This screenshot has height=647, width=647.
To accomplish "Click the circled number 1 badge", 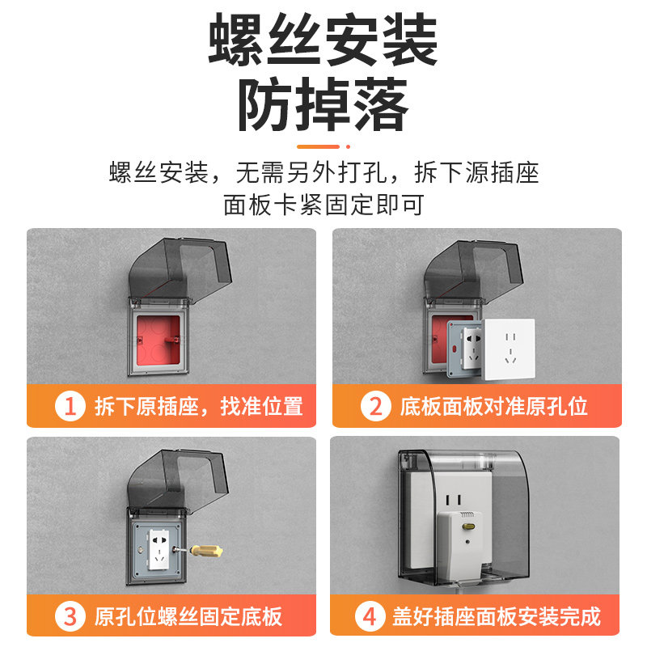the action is tap(70, 406).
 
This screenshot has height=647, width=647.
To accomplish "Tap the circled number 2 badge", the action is tap(375, 406).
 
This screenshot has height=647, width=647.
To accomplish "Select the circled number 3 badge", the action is tap(70, 616).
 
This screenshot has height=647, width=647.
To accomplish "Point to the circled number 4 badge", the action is tap(370, 616).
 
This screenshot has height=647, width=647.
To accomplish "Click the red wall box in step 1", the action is tap(159, 340).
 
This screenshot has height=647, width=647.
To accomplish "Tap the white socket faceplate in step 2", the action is tap(509, 349).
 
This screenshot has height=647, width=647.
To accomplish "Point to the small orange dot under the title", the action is tap(349, 146).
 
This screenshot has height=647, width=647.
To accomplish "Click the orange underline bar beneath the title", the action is tap(318, 146).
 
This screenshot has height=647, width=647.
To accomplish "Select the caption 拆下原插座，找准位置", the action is tap(199, 406).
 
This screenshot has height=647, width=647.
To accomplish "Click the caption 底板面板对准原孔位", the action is tap(494, 406).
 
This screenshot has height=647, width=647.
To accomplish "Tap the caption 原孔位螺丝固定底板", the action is tap(188, 616).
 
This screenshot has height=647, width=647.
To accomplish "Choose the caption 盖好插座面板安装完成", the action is tap(497, 616).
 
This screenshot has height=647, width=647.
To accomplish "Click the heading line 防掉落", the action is tap(323, 105).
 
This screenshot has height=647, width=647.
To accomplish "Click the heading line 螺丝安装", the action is tap(323, 39).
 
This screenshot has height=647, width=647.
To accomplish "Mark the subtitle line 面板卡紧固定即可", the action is tap(323, 205).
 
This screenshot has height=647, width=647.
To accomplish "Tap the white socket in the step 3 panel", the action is tap(159, 550).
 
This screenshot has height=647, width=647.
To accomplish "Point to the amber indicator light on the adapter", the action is tap(468, 526).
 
